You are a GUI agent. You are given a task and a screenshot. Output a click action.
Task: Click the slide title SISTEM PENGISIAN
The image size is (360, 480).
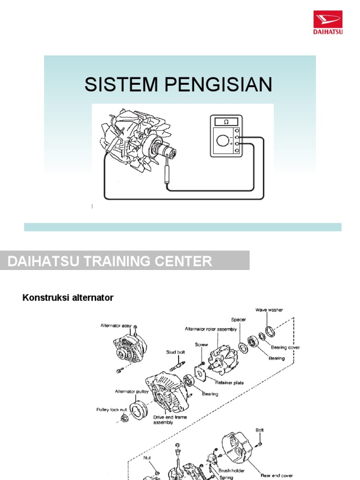pyautogui.click(x=178, y=84)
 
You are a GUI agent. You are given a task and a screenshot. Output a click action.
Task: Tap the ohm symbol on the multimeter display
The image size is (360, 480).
pyautogui.click(x=226, y=122)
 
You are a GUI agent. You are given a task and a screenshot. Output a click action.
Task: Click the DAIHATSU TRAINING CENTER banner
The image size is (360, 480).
pyautogui.click(x=110, y=261)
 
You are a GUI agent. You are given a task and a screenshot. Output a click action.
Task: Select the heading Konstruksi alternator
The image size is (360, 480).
pyautogui.click(x=68, y=298)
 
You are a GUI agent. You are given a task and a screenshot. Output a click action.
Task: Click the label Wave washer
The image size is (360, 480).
pyautogui.click(x=269, y=310)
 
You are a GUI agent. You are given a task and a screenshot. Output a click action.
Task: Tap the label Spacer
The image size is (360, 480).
pyautogui.click(x=238, y=320)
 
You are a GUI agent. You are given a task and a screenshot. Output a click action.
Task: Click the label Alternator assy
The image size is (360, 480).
pyautogui.click(x=115, y=325)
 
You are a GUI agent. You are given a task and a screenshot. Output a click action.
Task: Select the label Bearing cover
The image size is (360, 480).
pyautogui.click(x=285, y=348)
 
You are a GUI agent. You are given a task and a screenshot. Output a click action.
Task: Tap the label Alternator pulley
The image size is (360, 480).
pyautogui.click(x=132, y=391)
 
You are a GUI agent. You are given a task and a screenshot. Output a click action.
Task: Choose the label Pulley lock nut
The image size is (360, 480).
pyautogui.click(x=111, y=409)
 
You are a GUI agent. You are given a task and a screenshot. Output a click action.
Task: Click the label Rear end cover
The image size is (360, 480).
pyautogui.click(x=277, y=475)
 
